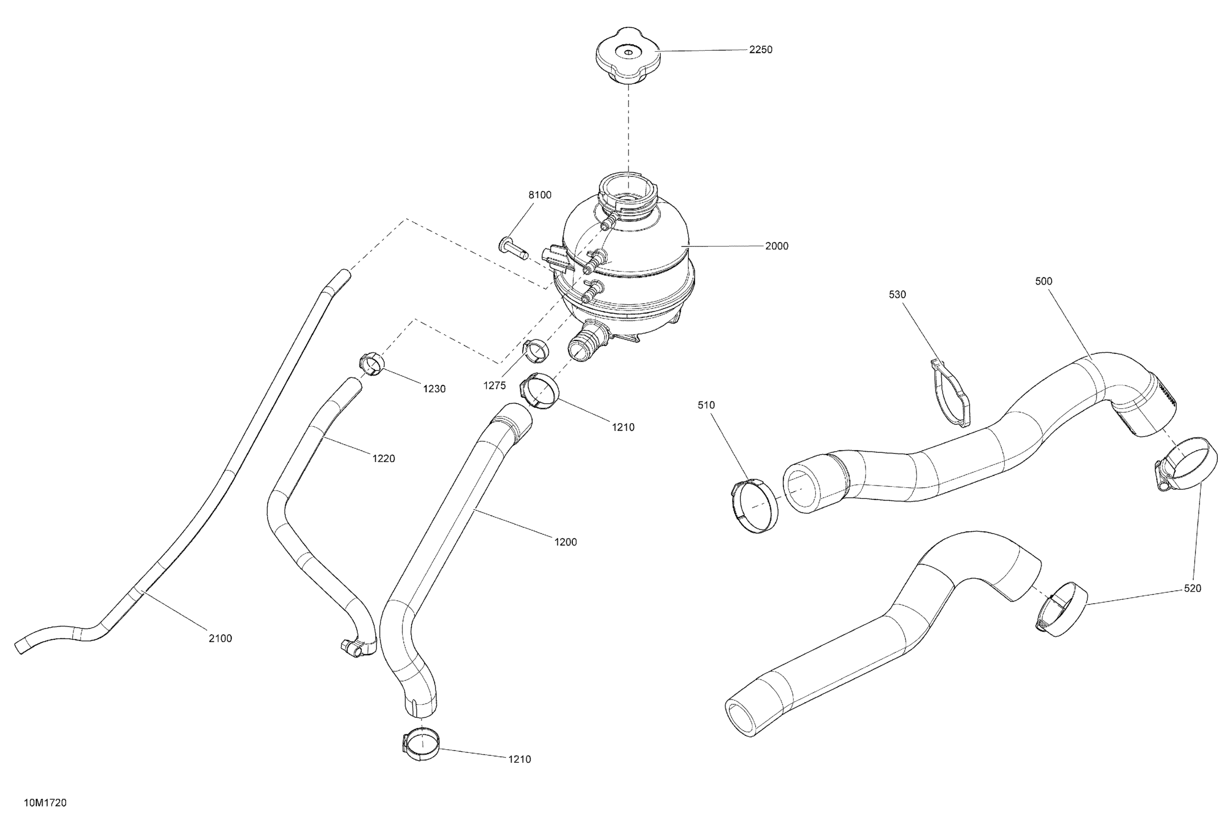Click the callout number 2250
click(760, 50)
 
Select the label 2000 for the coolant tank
click(776, 246)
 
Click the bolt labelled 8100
click(513, 248)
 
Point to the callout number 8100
click(540, 195)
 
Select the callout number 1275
click(494, 385)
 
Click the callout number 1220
click(384, 458)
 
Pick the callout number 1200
click(565, 542)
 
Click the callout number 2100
click(220, 638)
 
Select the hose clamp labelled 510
click(756, 505)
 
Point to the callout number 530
click(897, 295)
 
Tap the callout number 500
click(1043, 281)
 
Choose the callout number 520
click(1193, 589)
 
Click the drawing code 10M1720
click(45, 802)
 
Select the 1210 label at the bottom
click(519, 759)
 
